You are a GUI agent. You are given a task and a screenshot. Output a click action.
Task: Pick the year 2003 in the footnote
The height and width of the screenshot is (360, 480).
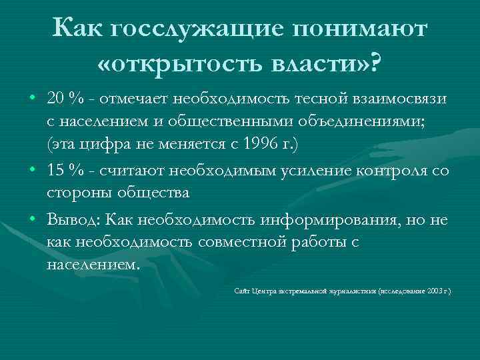pyautogui.click(x=434, y=291)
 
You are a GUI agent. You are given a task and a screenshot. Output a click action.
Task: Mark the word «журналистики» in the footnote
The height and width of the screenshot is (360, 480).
pyautogui.click(x=352, y=291)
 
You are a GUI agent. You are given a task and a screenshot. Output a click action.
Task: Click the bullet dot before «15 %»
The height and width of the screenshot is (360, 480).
pyautogui.click(x=33, y=170)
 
